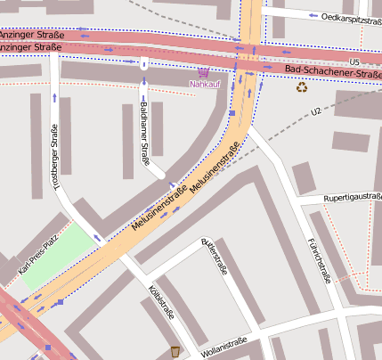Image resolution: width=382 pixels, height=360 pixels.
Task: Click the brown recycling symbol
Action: [x=302, y=87]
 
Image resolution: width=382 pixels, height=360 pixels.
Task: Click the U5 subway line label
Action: [x=354, y=61]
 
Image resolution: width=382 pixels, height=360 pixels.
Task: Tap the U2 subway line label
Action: [x=315, y=111]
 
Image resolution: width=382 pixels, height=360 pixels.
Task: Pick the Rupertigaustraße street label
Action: [x=352, y=197]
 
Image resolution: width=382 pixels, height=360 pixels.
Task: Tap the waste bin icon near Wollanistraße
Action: [x=175, y=351]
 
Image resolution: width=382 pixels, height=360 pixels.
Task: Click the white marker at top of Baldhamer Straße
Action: [x=143, y=63]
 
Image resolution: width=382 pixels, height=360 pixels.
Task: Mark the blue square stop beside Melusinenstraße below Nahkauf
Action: [x=232, y=113]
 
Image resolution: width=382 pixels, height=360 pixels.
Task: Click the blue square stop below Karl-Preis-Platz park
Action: [x=61, y=302]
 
